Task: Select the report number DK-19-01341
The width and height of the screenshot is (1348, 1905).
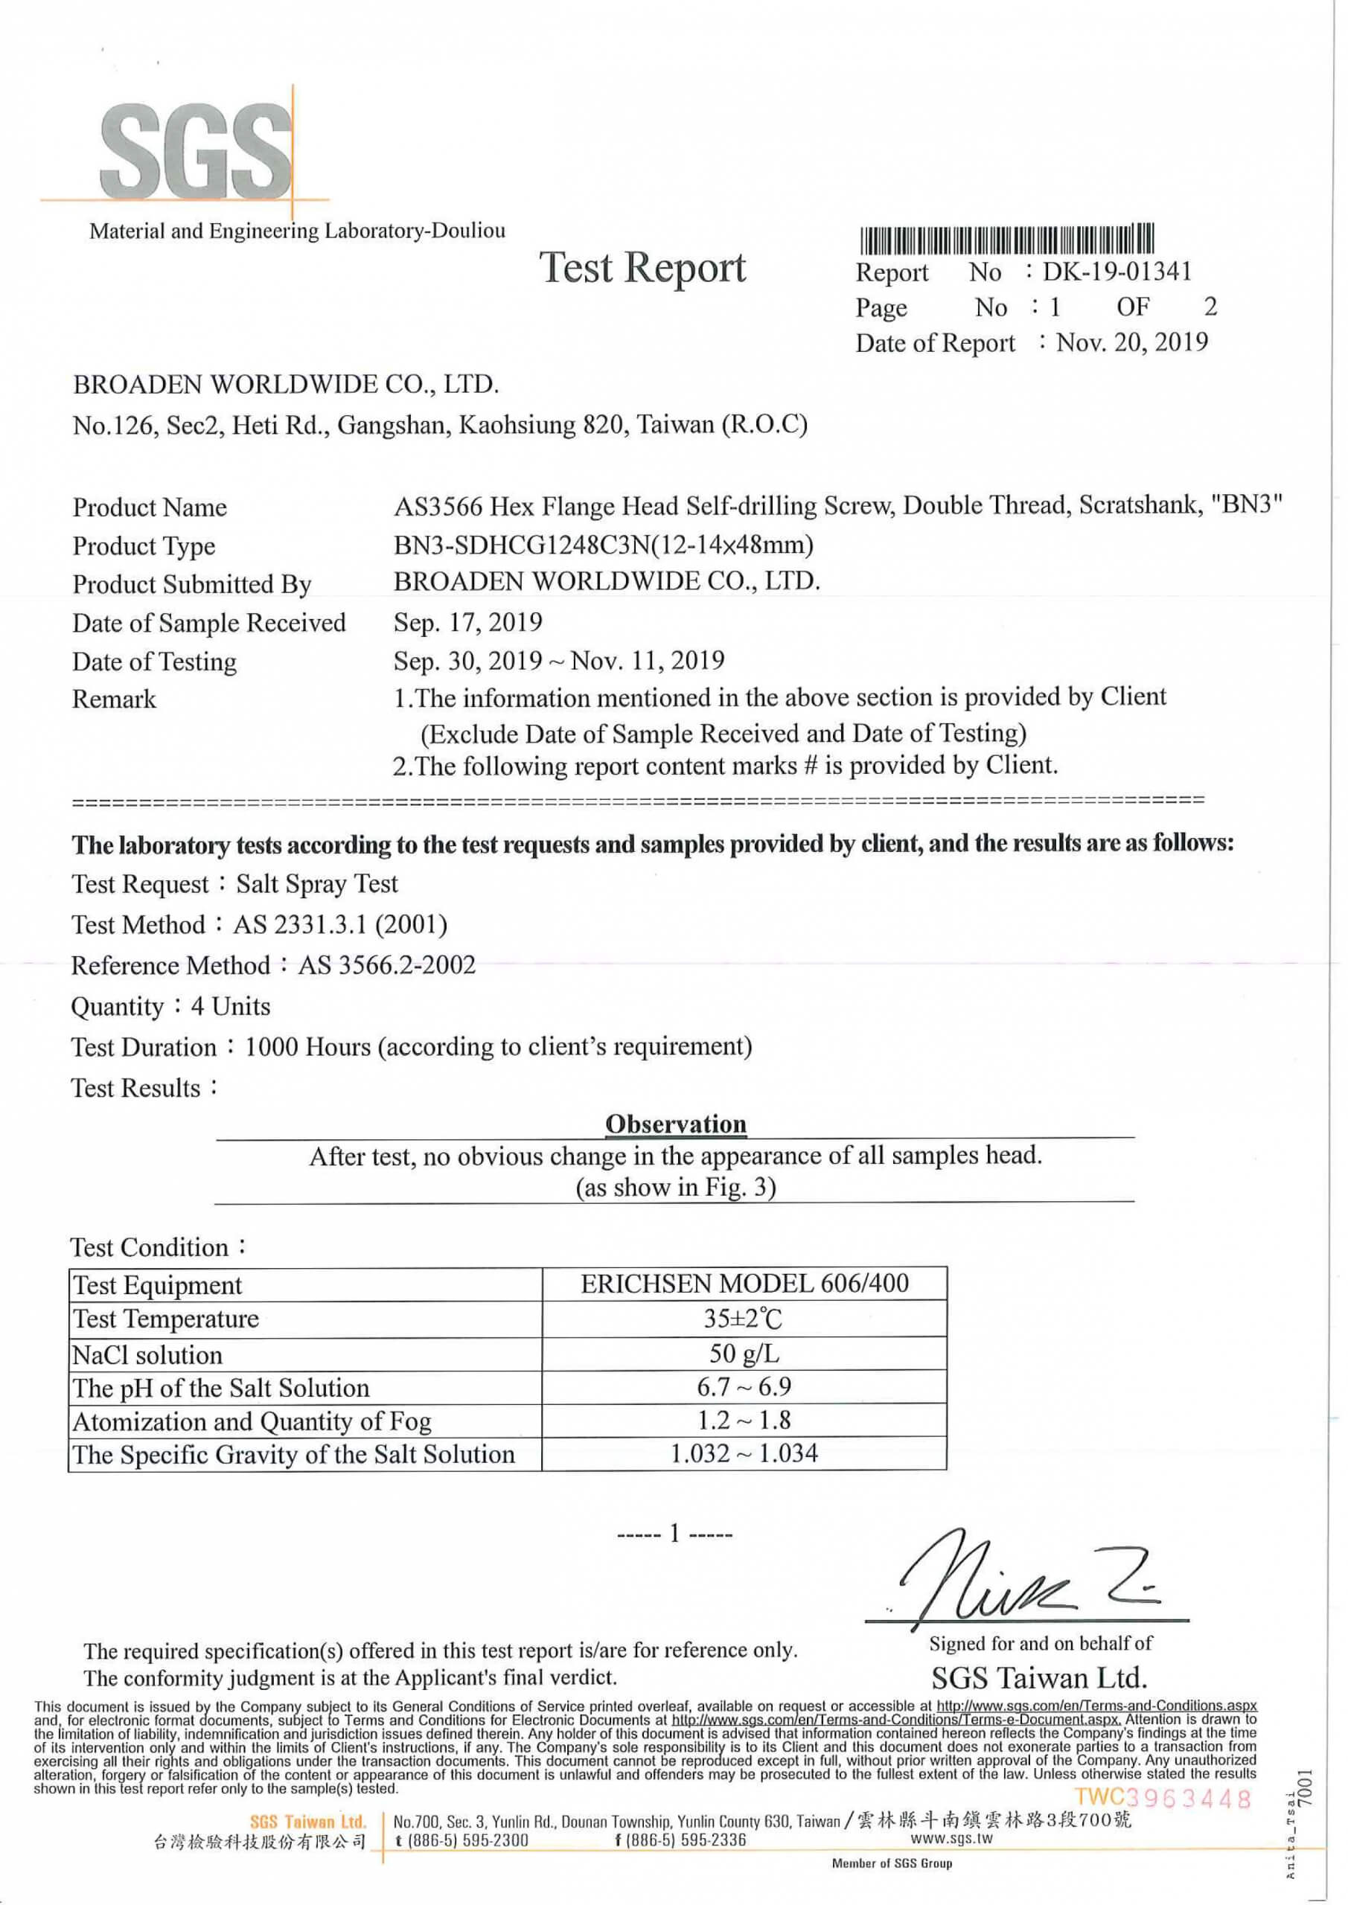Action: coord(1117,272)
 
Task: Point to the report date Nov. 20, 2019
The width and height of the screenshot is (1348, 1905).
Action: coord(1131,342)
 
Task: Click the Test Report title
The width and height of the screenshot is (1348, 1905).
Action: coord(643,268)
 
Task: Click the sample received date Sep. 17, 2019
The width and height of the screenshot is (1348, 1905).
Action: coord(468,622)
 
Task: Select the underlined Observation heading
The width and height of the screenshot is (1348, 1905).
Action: coord(676,1124)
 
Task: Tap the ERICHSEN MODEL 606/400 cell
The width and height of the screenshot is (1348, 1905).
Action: coord(744,1284)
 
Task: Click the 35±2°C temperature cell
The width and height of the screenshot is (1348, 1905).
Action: coord(744,1319)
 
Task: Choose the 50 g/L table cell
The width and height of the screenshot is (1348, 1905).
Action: coord(744,1354)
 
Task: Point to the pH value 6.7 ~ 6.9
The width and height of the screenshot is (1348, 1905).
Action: coord(744,1386)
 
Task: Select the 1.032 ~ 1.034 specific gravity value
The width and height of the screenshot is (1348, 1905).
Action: coord(744,1453)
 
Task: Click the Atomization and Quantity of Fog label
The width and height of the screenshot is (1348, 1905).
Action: coord(252,1421)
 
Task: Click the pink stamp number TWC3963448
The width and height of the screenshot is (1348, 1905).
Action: coord(1162,1798)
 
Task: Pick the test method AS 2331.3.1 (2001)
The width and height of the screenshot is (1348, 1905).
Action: coord(340,924)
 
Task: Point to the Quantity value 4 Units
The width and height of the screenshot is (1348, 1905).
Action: coord(231,1006)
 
